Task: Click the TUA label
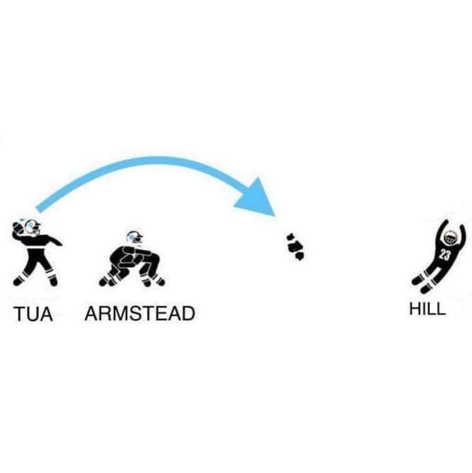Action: click(x=33, y=313)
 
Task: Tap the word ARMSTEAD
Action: click(x=140, y=313)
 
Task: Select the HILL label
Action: click(x=427, y=309)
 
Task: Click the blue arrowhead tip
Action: click(x=275, y=217)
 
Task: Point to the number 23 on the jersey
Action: click(x=444, y=255)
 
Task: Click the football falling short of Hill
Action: click(x=295, y=246)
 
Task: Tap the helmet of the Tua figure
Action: click(x=32, y=227)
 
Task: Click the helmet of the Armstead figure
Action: click(x=134, y=237)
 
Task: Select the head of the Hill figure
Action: click(x=449, y=237)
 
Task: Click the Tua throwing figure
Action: click(x=36, y=252)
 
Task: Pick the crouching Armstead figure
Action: click(x=132, y=259)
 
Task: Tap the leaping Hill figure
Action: click(x=439, y=256)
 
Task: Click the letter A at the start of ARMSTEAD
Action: click(x=92, y=313)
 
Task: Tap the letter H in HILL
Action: click(x=415, y=309)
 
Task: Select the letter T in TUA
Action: click(x=19, y=314)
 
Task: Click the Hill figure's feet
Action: click(x=420, y=285)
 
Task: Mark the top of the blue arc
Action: click(x=152, y=161)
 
